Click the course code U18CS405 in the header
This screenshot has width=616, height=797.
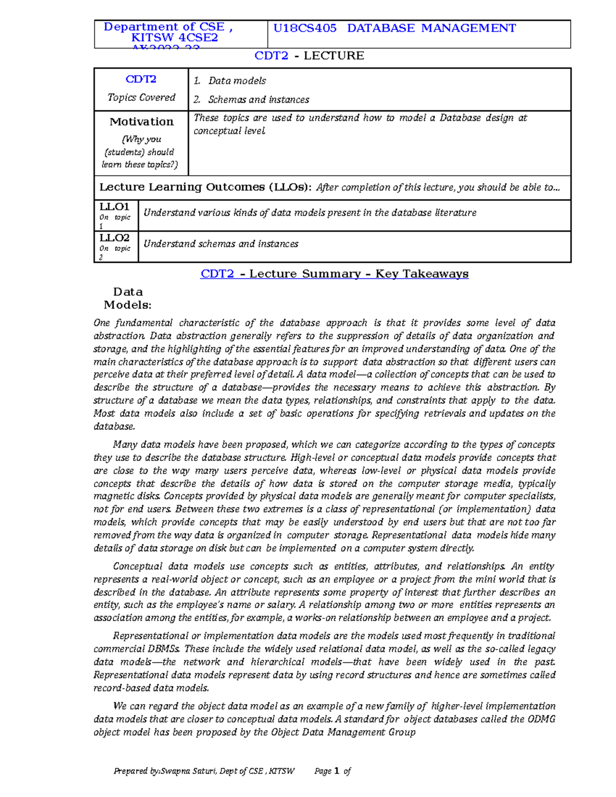pos(305,28)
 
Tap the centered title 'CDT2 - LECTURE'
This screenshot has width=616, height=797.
pos(309,55)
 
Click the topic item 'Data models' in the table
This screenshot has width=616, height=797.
pos(237,81)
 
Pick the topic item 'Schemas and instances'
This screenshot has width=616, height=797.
pos(258,100)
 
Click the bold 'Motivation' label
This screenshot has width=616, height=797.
pos(141,122)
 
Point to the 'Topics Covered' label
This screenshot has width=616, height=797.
pos(141,98)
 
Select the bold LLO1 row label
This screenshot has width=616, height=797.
pos(114,207)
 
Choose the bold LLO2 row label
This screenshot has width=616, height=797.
pos(114,238)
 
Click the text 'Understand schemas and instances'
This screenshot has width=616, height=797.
pos(221,244)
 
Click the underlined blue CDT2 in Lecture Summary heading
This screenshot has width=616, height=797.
pos(218,274)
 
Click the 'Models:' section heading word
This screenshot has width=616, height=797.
pos(127,305)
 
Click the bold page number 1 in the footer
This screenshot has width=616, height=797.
pos(337,771)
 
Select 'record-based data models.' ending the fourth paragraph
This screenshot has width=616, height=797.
pos(151,688)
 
